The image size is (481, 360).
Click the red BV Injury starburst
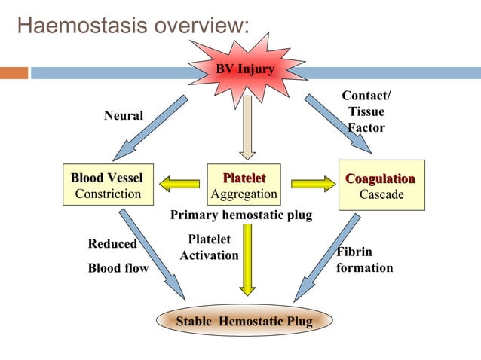pos(245,71)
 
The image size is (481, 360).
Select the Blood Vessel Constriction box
pos(107,186)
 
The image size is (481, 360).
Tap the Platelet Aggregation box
pos(244,186)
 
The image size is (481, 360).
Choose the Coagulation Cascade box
pos(381,186)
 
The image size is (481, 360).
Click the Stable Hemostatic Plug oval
pos(244,322)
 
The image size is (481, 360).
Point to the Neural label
pos(123,114)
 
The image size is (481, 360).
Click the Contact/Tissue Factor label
pos(366,111)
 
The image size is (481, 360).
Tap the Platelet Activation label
pos(209,247)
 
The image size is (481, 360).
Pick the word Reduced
pos(112,244)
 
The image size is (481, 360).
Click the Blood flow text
pos(118,268)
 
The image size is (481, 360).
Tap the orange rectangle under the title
pos(14,74)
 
